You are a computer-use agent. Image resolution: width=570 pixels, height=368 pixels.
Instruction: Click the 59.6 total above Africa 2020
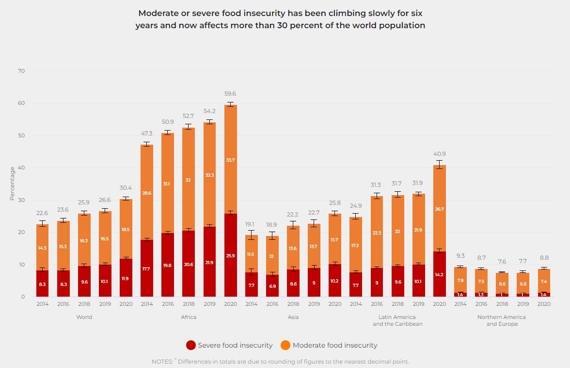tap(230, 94)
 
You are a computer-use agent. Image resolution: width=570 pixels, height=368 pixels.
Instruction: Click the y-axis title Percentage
tap(12, 184)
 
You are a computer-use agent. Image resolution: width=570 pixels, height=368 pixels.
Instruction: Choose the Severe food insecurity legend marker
tap(191, 345)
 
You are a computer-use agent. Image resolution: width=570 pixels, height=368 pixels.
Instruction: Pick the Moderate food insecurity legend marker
tap(286, 345)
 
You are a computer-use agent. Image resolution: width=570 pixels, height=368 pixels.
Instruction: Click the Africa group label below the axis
tap(189, 317)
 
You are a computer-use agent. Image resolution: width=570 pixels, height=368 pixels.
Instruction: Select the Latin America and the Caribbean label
tap(397, 320)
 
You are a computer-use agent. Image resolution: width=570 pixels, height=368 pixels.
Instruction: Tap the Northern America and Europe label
tap(501, 320)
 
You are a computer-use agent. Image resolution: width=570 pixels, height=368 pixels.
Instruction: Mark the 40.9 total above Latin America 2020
tap(440, 154)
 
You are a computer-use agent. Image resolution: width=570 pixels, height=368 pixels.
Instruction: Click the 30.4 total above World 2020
tap(126, 188)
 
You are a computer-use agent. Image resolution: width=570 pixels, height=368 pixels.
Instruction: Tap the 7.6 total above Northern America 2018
tap(502, 262)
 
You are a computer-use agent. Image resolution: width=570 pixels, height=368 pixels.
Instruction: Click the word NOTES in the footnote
tap(162, 362)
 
